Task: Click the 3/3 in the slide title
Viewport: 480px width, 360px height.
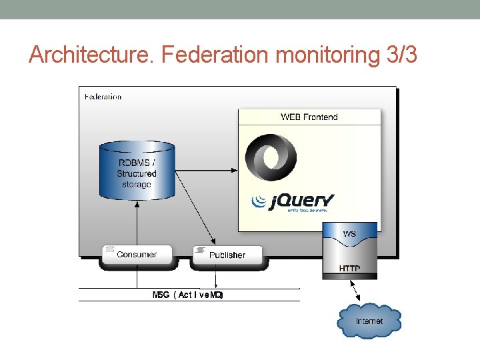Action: tap(401, 55)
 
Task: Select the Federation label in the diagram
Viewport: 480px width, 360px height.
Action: tap(103, 97)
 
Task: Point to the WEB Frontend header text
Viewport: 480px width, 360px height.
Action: tap(309, 117)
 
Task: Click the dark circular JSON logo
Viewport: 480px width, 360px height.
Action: tap(271, 158)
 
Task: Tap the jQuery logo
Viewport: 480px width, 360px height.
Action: tap(293, 201)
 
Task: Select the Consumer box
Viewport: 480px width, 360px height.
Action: tap(136, 255)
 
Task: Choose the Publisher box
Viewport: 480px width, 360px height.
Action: tap(227, 255)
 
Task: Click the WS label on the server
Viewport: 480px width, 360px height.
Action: tap(349, 234)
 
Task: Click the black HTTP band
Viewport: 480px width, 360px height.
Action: tap(349, 269)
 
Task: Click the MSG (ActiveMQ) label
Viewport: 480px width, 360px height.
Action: tap(188, 295)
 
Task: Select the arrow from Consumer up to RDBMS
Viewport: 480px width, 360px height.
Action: tap(137, 223)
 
